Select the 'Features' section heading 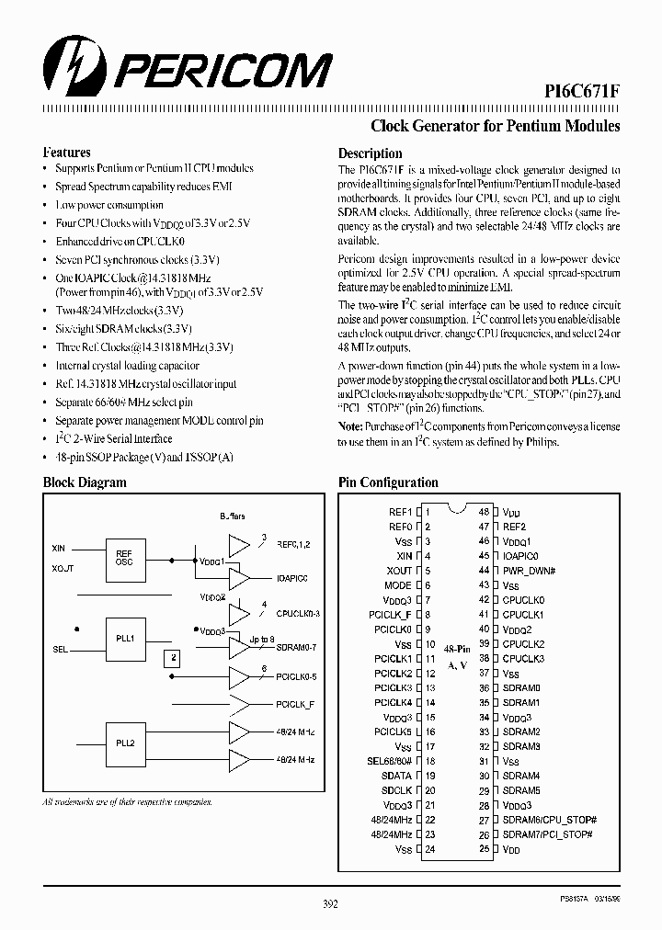tap(67, 153)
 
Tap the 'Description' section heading tap(370, 153)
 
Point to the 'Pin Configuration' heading tap(388, 482)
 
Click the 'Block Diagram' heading tap(85, 482)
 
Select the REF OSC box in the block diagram tap(124, 559)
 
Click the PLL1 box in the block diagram tap(125, 637)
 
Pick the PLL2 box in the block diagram tap(125, 743)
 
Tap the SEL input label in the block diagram tap(60, 649)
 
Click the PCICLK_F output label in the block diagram tap(295, 704)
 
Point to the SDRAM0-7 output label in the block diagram tap(297, 648)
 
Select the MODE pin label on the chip tap(398, 585)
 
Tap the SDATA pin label tap(396, 776)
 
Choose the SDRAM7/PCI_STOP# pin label tap(548, 834)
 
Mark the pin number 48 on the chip tap(483, 512)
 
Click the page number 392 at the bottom tap(331, 904)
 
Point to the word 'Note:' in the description tap(350, 427)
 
